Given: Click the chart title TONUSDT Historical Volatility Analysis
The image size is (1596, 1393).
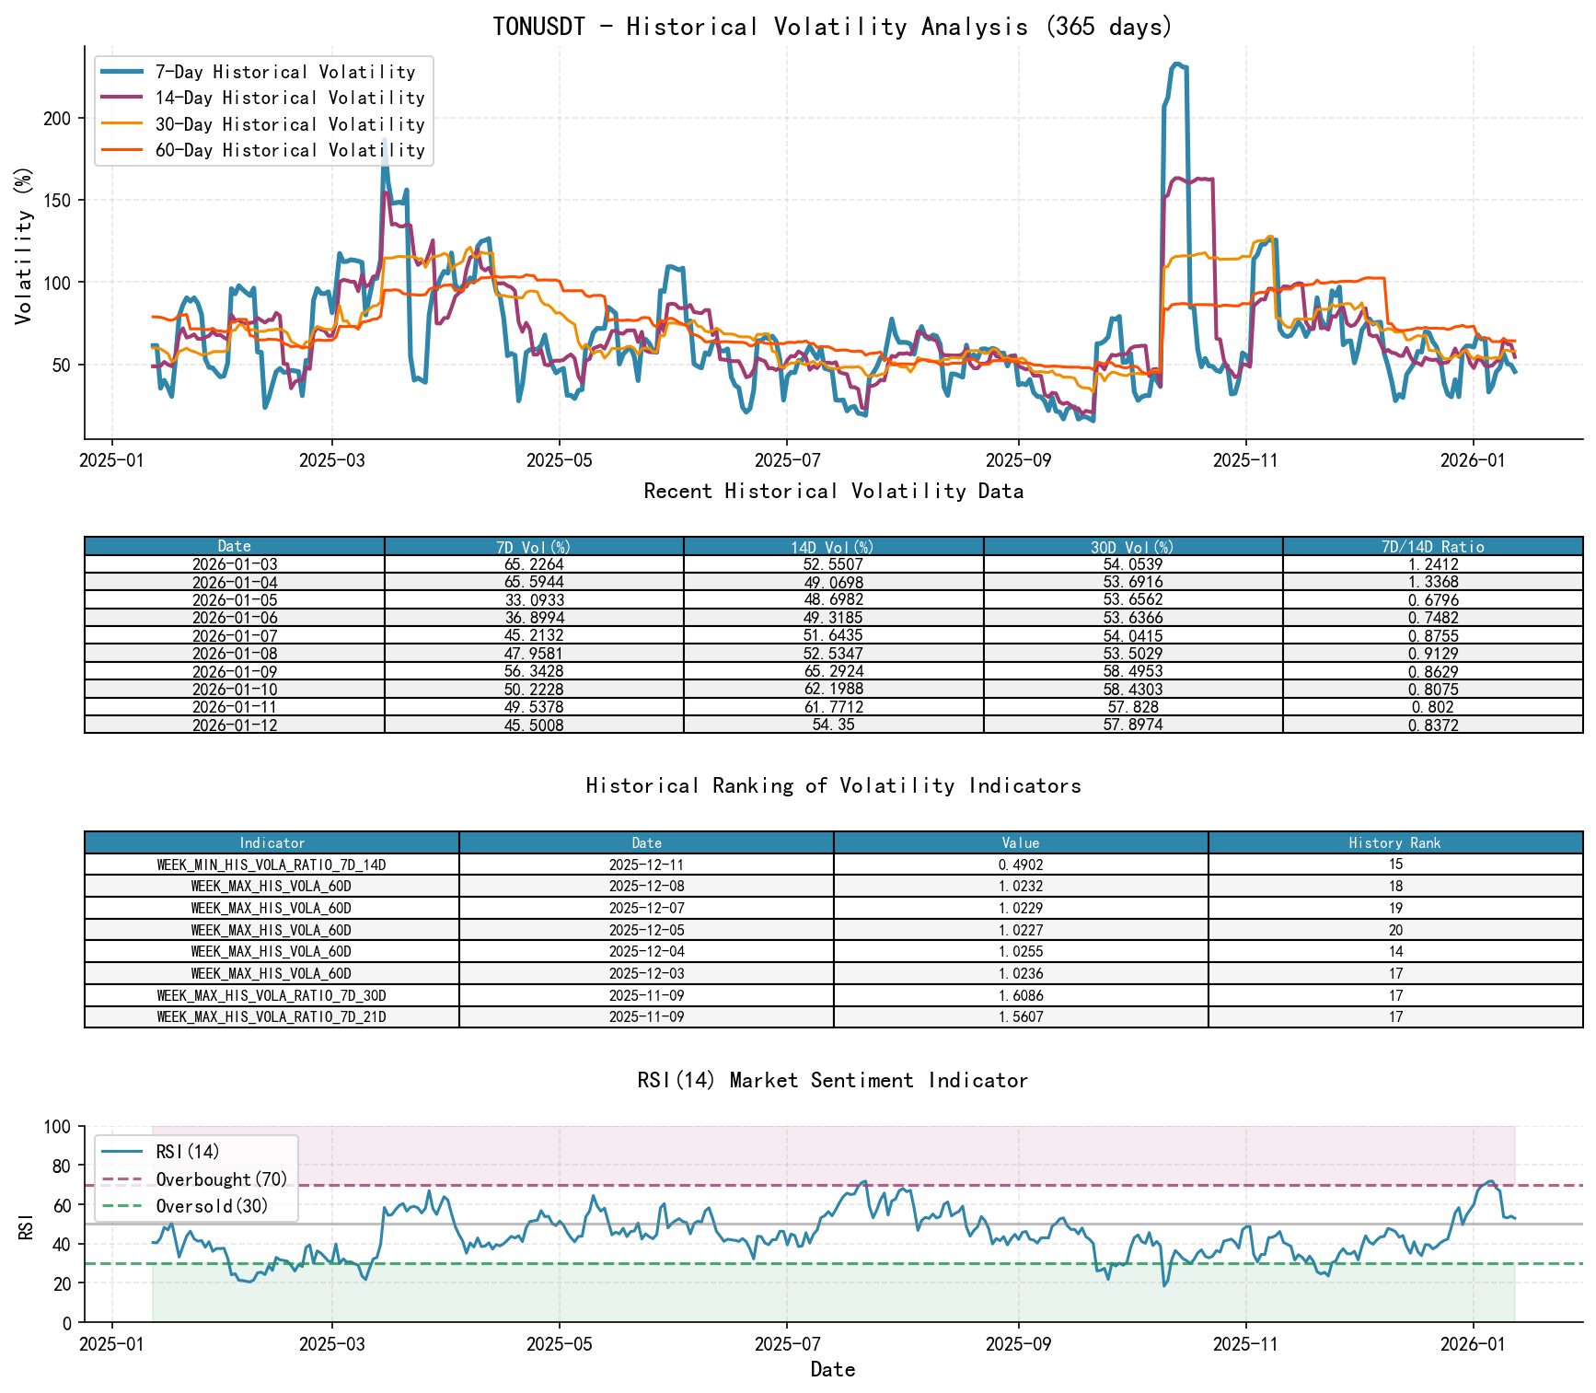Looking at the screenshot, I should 833,26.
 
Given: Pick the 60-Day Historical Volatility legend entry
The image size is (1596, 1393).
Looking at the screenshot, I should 290,150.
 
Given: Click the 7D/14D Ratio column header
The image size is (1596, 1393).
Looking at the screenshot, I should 1432,546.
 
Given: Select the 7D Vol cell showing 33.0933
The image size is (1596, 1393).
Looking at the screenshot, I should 534,600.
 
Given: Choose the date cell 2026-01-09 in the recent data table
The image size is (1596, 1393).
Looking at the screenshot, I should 235,671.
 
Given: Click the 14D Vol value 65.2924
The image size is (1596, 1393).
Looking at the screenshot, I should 833,671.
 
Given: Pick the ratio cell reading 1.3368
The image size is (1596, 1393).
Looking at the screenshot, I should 1432,582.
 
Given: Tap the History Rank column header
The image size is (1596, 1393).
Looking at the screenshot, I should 1394,842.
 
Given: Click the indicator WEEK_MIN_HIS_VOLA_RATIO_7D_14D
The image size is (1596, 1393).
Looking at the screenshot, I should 272,865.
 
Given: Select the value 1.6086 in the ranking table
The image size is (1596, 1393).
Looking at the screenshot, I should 1021,995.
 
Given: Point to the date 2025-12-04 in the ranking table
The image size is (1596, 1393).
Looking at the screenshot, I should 646,952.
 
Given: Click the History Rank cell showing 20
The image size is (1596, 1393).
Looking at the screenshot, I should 1395,930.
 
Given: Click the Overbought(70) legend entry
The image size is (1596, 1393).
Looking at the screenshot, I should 221,1179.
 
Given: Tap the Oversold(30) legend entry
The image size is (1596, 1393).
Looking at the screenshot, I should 212,1206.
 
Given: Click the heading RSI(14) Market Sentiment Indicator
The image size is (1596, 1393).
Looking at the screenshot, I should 833,1080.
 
